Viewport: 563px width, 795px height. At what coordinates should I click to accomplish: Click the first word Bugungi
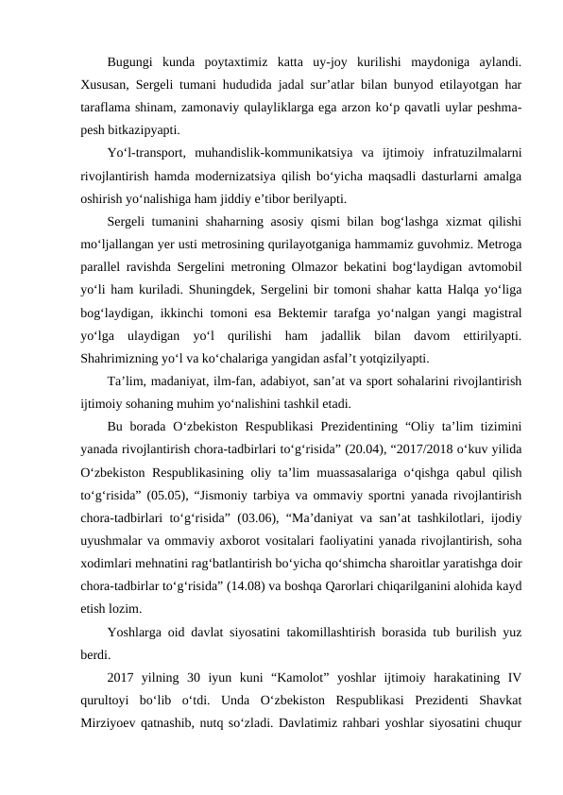(x=132, y=63)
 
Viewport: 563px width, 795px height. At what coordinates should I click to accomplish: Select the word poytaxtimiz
(x=229, y=63)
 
